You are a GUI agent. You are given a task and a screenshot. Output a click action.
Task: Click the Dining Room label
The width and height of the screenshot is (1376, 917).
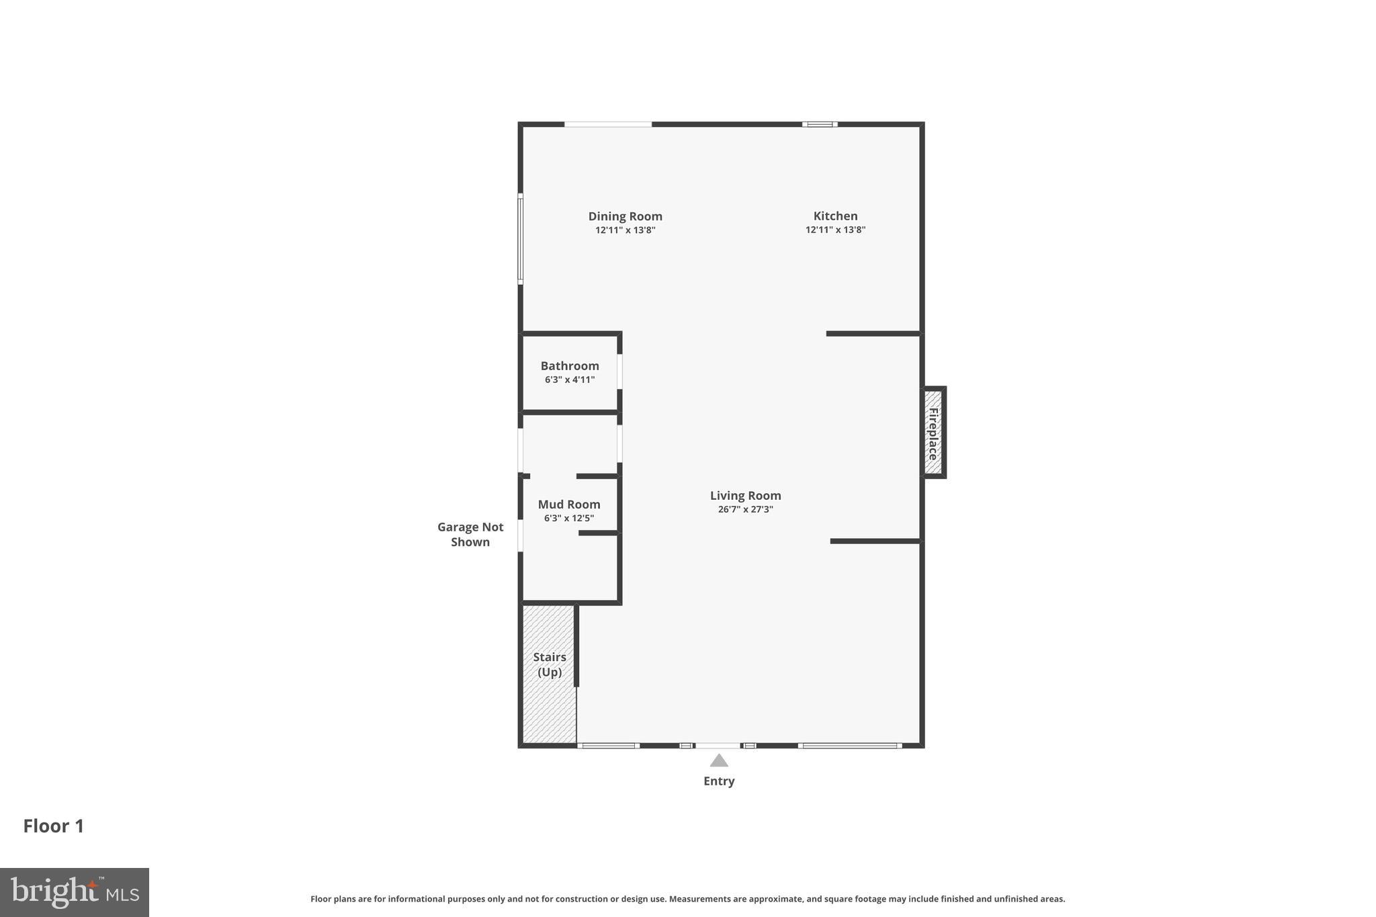[x=625, y=216]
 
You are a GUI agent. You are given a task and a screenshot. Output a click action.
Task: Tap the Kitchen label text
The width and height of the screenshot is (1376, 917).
[x=835, y=216]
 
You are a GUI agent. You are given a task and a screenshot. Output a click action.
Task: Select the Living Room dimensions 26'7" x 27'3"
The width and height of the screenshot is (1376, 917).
[x=745, y=509]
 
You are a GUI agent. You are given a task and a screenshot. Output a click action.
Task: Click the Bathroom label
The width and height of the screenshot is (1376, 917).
[x=570, y=366]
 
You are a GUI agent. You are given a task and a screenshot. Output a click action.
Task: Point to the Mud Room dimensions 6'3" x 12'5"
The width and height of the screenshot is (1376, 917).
[x=568, y=518]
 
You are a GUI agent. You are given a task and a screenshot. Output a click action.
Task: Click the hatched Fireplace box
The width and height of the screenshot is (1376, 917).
[x=933, y=433]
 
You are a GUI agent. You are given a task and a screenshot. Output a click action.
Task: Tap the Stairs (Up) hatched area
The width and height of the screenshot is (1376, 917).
[x=549, y=672]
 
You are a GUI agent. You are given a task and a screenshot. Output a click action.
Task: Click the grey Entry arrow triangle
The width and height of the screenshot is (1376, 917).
[x=719, y=760]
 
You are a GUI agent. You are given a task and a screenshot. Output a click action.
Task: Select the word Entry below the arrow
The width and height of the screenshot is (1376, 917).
[x=719, y=781]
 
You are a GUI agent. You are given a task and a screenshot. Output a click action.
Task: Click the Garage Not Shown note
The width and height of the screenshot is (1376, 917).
[x=470, y=534]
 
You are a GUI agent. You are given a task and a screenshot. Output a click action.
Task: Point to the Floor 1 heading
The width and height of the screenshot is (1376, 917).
[x=54, y=826]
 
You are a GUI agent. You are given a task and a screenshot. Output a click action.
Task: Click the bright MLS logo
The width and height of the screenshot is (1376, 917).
[x=74, y=892]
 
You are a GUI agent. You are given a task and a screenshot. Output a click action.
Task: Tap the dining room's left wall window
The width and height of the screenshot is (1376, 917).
[x=520, y=238]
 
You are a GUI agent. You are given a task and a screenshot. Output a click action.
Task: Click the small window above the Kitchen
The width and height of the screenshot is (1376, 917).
[x=819, y=124]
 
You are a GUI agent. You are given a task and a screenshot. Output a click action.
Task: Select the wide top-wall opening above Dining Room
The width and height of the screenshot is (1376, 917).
[x=607, y=124]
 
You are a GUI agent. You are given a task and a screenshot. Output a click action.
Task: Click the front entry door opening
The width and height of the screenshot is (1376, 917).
[x=718, y=745]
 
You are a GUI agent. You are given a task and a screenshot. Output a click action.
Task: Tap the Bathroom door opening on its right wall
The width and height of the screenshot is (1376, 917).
[x=619, y=372]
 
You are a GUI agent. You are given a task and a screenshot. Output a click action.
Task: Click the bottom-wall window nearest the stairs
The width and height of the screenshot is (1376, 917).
[x=608, y=745]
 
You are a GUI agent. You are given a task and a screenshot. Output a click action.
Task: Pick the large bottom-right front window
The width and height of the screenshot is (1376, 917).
[x=850, y=745]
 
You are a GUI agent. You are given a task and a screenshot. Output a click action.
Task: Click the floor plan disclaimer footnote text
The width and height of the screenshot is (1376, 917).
[x=687, y=899]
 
